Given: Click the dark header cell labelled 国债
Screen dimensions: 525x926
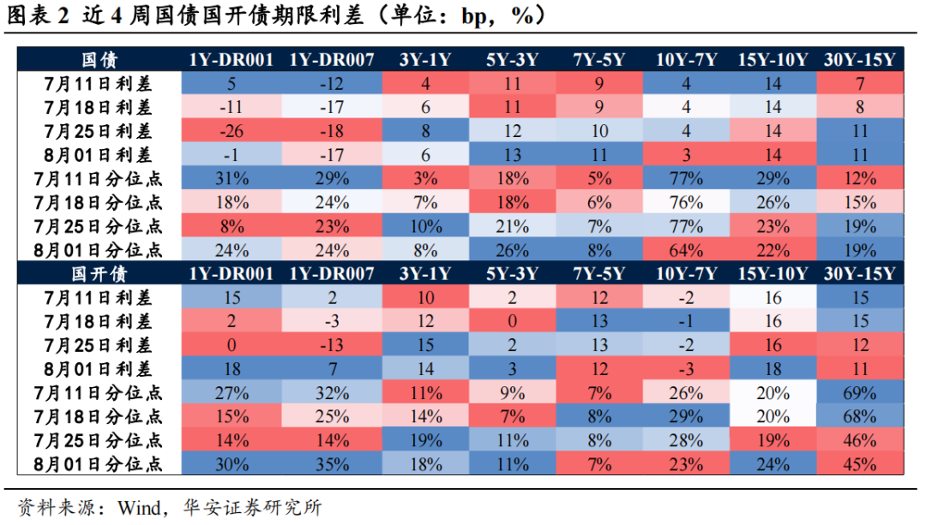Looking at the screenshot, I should coord(99,60).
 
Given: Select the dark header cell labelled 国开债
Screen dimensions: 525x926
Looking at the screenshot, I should coord(99,274).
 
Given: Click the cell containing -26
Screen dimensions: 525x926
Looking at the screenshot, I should coord(231,131).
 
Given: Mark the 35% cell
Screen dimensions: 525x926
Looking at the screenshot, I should coord(331,465).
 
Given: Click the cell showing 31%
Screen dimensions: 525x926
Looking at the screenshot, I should coord(231,179).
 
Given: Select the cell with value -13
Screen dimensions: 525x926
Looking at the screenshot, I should coord(331,345).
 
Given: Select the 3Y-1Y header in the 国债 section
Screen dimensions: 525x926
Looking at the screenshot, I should coord(424,60).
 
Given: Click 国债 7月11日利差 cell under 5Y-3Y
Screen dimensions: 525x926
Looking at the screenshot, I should coord(513,84).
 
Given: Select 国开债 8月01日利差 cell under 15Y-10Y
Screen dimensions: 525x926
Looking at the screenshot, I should coord(772,369).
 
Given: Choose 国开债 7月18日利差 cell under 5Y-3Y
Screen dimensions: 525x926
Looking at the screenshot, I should coord(513,321).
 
